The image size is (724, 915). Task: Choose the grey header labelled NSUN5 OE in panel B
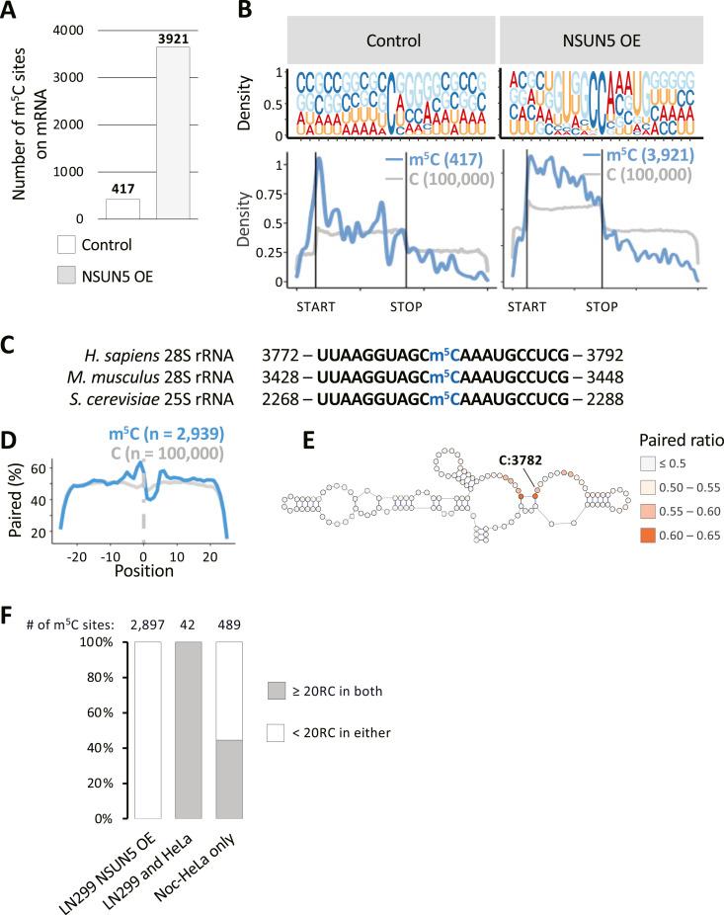pyautogui.click(x=599, y=43)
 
